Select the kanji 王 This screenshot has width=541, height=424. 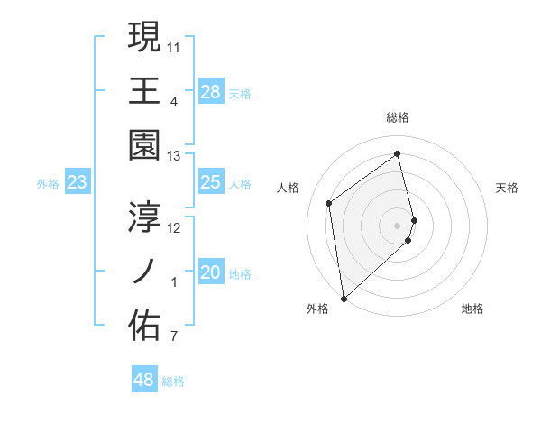145,90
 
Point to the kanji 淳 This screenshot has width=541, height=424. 145,217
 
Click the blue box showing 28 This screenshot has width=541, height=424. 210,91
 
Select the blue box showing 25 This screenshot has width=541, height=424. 210,183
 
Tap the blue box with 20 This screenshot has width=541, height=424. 210,273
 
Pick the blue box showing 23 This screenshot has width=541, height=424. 78,183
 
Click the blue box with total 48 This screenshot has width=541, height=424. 143,380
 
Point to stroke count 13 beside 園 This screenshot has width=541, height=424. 174,157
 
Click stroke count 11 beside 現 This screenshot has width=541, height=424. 174,45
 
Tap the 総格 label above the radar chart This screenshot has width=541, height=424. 398,117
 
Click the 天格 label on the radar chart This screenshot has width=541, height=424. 508,188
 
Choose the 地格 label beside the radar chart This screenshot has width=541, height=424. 472,309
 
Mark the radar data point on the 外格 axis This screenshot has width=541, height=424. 344,298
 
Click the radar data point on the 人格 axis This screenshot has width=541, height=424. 329,203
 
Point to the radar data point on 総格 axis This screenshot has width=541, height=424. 398,153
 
